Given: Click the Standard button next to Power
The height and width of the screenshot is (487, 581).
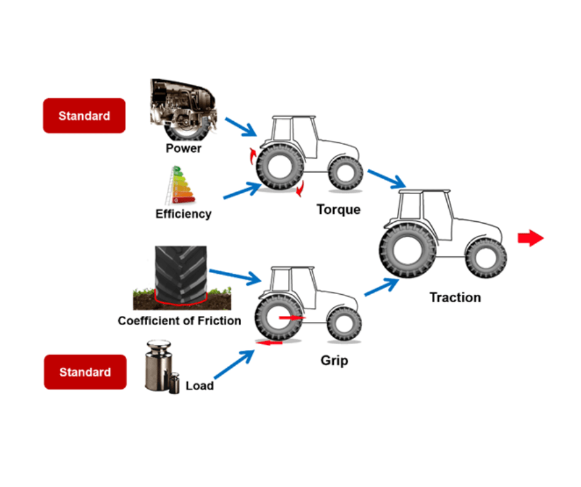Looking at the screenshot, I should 84,116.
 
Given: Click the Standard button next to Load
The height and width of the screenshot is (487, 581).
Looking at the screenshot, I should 85,372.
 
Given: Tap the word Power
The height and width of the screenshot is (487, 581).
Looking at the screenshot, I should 184,148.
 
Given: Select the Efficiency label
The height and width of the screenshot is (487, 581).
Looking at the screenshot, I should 183,214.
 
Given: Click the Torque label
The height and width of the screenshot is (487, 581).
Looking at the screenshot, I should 338,210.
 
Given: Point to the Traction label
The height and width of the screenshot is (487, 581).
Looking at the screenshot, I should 455,297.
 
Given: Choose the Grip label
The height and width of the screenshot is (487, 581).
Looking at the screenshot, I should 334,360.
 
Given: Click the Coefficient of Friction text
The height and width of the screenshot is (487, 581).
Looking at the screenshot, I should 179,321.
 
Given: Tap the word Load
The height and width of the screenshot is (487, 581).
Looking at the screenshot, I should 200,386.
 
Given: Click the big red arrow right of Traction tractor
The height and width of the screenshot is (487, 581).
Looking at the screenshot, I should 530,239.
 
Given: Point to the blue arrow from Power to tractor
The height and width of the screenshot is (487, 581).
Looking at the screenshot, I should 240,127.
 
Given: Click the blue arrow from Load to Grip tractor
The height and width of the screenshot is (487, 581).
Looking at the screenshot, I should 234,365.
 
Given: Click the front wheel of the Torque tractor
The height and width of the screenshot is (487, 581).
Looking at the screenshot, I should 346,173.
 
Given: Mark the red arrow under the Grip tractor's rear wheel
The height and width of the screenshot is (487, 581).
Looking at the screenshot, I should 271,342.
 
